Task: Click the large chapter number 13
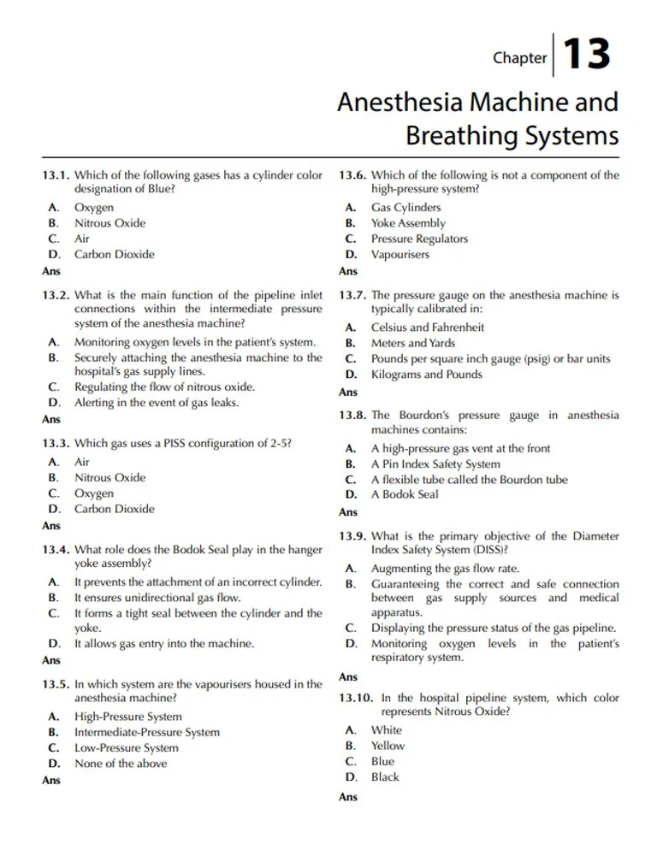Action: (x=587, y=55)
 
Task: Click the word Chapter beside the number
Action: (x=519, y=58)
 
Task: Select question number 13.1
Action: (x=56, y=175)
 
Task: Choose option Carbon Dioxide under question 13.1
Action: (x=115, y=254)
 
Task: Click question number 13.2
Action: (x=56, y=295)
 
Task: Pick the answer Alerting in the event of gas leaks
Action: (x=157, y=402)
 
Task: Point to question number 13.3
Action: (x=56, y=444)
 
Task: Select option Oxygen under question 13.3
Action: (x=93, y=493)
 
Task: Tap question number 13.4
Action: (x=56, y=550)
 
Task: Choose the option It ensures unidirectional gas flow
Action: (x=157, y=598)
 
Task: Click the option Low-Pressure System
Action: (x=127, y=748)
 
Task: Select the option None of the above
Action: (x=121, y=764)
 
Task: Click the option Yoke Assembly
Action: (x=408, y=223)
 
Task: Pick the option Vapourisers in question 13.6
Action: (x=400, y=254)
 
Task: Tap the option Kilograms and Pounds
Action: (x=426, y=375)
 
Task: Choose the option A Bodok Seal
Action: (x=405, y=494)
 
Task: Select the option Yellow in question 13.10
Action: (x=388, y=746)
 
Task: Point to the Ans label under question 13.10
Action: (x=348, y=797)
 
